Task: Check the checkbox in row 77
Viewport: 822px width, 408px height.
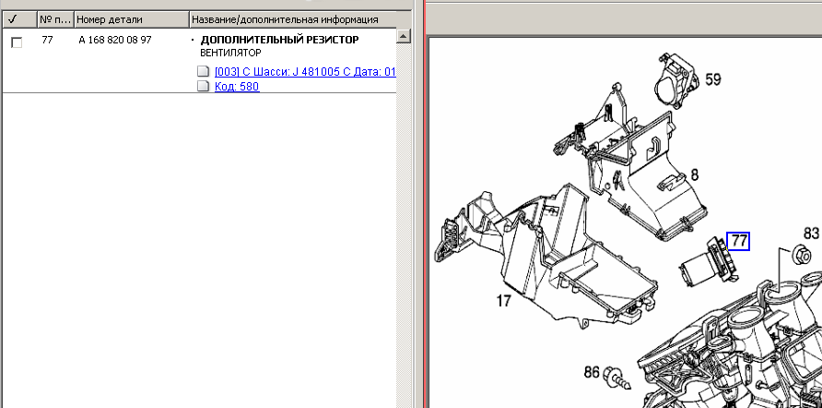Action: tap(17, 42)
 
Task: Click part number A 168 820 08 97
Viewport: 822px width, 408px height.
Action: tap(115, 40)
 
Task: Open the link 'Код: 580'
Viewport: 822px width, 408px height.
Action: tap(237, 86)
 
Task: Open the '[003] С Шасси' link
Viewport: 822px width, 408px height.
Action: tap(305, 71)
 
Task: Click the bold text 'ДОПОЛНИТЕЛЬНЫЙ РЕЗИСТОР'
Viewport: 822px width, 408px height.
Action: tap(279, 40)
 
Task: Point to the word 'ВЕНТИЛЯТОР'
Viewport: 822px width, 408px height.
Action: tap(230, 53)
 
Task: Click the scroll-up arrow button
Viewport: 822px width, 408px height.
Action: tap(403, 36)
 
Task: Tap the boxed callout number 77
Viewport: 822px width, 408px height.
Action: tap(738, 241)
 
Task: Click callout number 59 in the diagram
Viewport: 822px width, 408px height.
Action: tap(713, 79)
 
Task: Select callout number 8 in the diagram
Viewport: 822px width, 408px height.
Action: tap(695, 174)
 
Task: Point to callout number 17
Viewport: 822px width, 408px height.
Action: tap(503, 301)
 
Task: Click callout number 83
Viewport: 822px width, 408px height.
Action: tap(812, 234)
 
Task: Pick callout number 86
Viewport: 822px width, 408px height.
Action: tap(592, 372)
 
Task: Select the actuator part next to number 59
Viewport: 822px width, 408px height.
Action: tap(676, 81)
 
